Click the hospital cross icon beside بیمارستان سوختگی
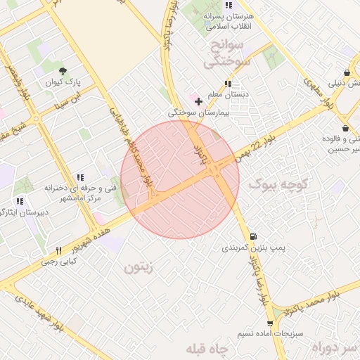point(199,101)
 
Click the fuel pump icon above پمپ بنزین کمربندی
point(252,236)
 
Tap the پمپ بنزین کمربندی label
point(245,248)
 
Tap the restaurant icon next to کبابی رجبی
point(59,250)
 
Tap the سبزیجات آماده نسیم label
point(269,333)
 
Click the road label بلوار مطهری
point(316,91)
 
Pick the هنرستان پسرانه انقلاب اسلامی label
point(228,22)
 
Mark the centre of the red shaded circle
point(180,179)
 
